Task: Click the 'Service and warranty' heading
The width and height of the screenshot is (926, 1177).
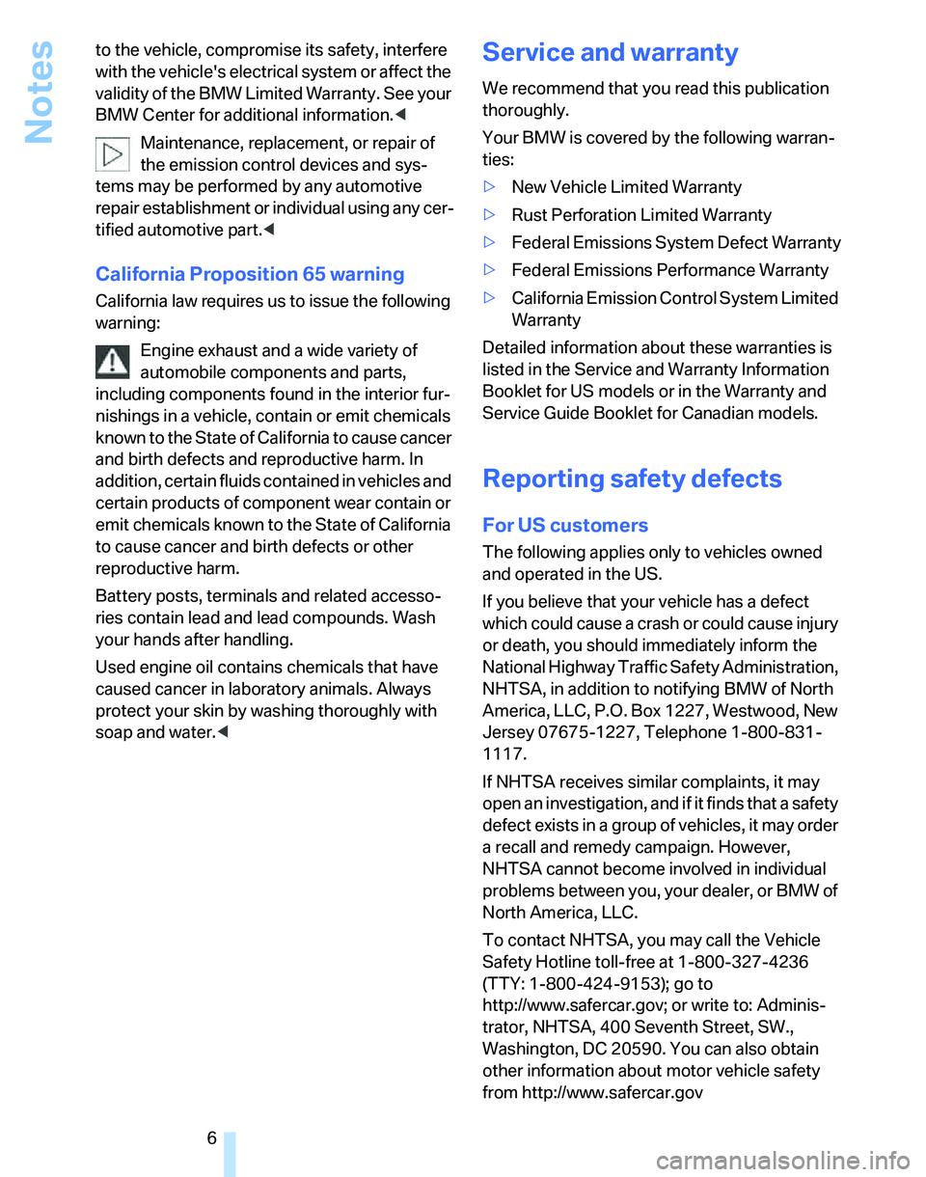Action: coord(610,52)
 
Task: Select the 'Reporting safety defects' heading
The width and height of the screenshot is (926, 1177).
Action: coord(632,479)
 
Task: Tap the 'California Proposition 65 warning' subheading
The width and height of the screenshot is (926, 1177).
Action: coord(250,274)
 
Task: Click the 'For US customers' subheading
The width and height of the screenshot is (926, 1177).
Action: coord(565,526)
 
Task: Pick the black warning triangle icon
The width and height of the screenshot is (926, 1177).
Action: coord(113,361)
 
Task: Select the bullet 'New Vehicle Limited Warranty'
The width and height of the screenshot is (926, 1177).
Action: coord(626,187)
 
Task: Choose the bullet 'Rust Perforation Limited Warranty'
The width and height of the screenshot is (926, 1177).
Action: coord(641,215)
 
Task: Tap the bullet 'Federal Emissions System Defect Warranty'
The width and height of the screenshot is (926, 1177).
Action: coord(675,243)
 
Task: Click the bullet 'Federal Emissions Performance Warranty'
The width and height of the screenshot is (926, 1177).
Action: coord(669,270)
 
